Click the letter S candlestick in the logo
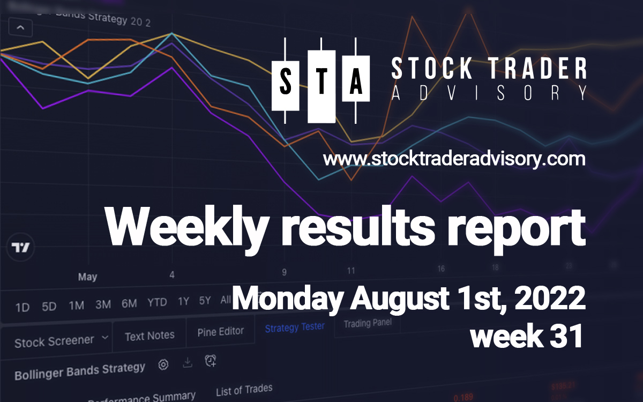pos(286,83)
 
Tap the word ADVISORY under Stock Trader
pos(488,93)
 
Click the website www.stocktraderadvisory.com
pos(454,160)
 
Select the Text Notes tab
pos(149,336)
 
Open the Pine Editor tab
pos(220,332)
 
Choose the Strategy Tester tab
pos(295,327)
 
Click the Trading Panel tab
pos(367,323)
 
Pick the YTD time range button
pos(157,303)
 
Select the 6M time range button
pos(129,304)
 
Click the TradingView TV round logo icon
pos(21,248)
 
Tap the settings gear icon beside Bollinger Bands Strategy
pos(163,365)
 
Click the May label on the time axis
pos(87,277)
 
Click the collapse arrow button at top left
pos(20,27)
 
